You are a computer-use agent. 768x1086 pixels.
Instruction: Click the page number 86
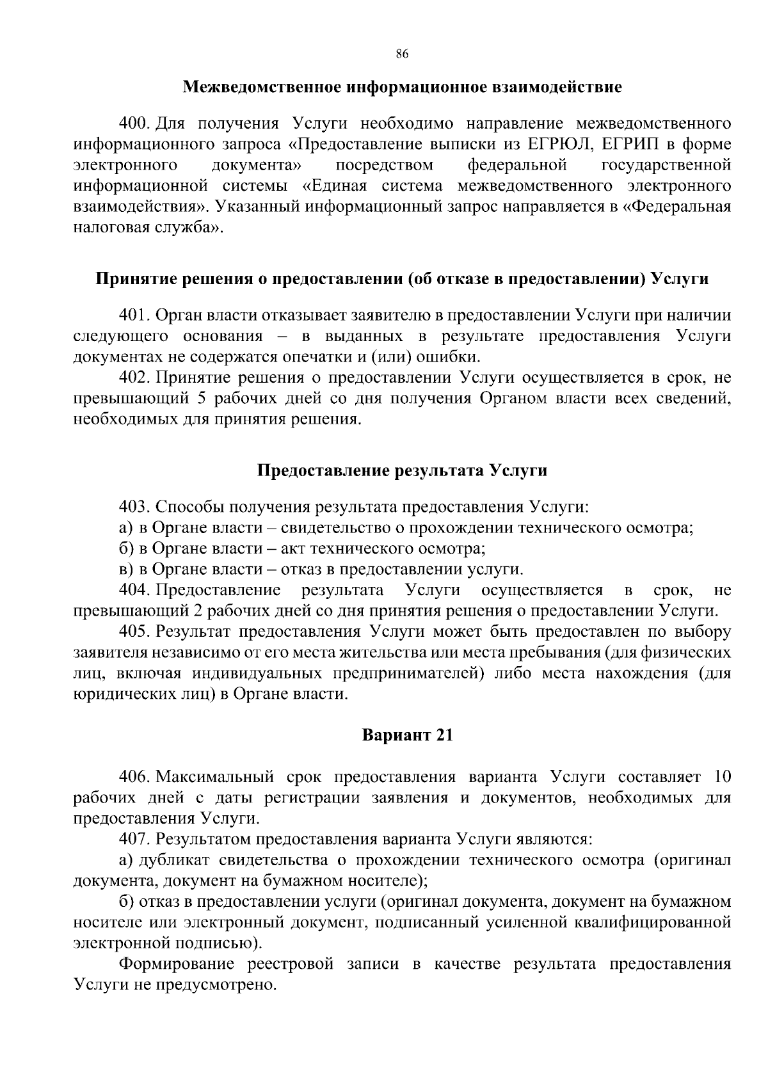402,54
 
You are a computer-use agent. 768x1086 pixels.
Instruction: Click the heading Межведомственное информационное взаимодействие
402,87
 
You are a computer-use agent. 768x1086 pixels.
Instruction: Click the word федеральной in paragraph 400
517,165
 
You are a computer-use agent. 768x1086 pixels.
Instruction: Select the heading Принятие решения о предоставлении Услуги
402,279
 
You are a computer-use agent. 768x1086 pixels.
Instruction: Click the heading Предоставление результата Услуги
402,471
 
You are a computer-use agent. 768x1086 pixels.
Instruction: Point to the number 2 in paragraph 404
197,610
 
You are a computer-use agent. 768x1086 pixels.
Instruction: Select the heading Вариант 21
408,735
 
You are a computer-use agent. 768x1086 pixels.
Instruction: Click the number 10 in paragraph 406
721,777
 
